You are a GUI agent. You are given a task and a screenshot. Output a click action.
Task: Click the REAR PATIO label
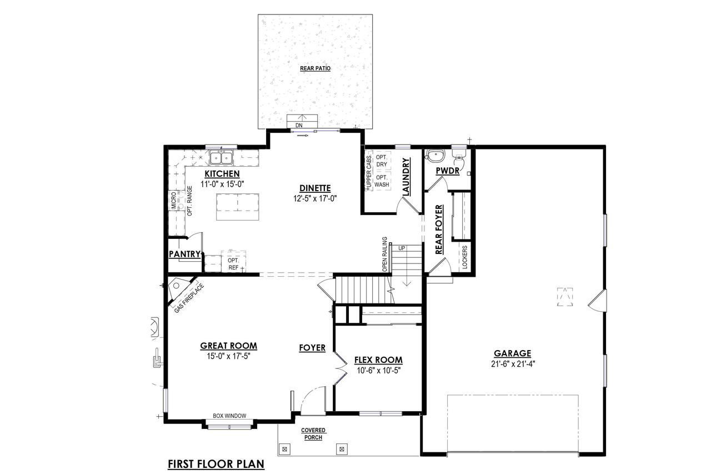click(315, 68)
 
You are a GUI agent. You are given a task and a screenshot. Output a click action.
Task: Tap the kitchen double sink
click(221, 158)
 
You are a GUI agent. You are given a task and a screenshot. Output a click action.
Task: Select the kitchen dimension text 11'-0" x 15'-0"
click(222, 184)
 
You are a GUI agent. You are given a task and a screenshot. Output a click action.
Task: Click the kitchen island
click(237, 207)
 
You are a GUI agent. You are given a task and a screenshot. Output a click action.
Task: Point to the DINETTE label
click(315, 188)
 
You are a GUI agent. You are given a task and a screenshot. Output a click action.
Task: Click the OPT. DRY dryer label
click(382, 161)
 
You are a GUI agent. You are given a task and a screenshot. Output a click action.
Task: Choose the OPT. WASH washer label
click(382, 181)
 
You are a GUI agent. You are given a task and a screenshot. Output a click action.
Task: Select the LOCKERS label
click(465, 257)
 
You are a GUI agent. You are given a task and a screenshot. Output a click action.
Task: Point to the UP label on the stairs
click(402, 248)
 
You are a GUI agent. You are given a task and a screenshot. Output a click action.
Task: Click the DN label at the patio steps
click(299, 126)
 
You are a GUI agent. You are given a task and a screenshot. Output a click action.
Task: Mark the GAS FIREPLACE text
click(189, 298)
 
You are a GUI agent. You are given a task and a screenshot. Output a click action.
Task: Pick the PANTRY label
click(184, 254)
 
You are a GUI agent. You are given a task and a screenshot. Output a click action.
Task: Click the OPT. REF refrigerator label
click(233, 264)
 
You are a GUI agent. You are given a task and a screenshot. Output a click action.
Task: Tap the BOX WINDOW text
click(229, 416)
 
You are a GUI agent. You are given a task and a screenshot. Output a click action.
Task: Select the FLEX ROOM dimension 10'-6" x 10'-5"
click(379, 371)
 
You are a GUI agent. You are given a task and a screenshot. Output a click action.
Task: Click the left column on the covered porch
click(284, 449)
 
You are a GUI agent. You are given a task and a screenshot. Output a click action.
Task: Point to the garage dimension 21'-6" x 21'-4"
click(513, 364)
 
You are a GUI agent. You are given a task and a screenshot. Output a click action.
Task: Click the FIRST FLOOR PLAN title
click(216, 464)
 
